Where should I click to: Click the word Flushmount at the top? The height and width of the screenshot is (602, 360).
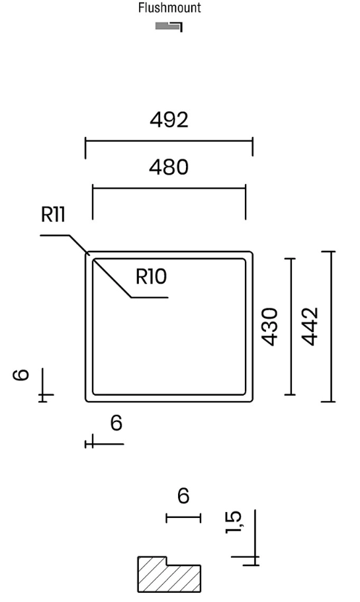point(169,8)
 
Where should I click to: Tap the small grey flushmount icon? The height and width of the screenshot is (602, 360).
point(169,26)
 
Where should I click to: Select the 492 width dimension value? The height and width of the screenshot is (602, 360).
point(169,120)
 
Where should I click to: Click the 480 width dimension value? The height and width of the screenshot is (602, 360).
point(169,167)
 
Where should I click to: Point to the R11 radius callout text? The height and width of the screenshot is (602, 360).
point(53,214)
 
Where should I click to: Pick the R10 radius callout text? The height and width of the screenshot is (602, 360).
point(151,277)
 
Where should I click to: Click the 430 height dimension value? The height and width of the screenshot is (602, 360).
point(269,327)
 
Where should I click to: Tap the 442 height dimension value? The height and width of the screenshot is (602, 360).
point(310,327)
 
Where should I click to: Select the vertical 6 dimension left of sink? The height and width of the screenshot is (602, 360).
point(21,374)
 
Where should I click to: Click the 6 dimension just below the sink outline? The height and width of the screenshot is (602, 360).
point(116,423)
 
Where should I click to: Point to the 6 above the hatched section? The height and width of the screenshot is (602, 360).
point(184,495)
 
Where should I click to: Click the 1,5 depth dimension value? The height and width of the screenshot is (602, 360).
point(233,522)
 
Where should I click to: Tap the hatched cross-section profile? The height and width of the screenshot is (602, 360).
point(169,575)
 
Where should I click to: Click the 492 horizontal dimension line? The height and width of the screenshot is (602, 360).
point(169,141)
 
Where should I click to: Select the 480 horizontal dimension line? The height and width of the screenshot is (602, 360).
point(169,188)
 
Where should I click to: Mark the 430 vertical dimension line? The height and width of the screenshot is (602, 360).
point(291,327)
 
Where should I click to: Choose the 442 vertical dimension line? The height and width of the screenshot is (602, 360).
point(328,327)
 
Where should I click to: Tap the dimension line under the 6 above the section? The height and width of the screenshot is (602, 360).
point(183,518)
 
